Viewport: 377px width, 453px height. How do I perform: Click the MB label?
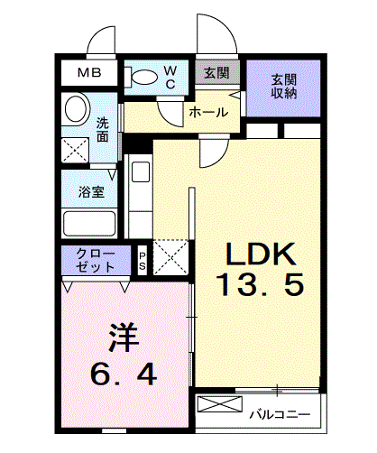(x=89, y=72)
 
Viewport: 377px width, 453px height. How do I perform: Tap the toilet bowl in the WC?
(x=145, y=78)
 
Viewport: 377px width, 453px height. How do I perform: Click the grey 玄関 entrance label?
(x=216, y=72)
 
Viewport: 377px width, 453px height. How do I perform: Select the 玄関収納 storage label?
(x=284, y=87)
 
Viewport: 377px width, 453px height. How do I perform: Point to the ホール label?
(x=208, y=113)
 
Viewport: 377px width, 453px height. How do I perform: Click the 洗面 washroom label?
(x=103, y=130)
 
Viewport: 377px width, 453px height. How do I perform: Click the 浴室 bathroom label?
(x=91, y=192)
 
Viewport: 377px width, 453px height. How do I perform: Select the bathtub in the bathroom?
(x=89, y=224)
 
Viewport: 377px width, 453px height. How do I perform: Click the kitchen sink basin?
(x=141, y=171)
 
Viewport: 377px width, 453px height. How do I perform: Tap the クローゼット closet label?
(x=96, y=260)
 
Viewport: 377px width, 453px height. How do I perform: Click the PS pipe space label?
(x=143, y=261)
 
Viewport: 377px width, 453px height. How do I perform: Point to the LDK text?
(x=261, y=254)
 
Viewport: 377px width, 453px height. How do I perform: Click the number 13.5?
(x=260, y=285)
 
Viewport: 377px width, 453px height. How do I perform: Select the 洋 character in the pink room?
(x=124, y=337)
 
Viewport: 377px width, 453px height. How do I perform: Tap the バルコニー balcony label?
(x=280, y=415)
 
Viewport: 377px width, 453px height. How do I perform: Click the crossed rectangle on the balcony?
(x=220, y=404)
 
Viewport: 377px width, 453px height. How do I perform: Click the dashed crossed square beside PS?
(x=171, y=257)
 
